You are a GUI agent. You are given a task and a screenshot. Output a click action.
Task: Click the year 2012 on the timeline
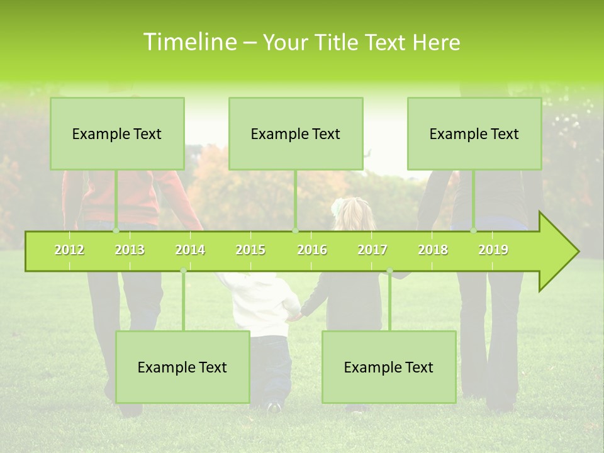(x=69, y=250)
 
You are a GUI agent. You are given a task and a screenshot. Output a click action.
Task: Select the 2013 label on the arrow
(x=130, y=250)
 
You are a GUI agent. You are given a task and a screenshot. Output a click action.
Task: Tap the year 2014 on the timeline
(x=190, y=250)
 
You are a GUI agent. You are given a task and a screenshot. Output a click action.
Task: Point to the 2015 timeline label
(x=250, y=250)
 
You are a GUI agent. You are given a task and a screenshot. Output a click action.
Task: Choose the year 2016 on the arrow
(x=312, y=250)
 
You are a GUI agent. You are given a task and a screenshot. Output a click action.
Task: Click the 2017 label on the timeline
(x=372, y=250)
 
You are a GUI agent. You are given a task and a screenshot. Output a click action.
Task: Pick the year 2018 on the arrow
(x=433, y=250)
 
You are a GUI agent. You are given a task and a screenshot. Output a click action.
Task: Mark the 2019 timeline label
(x=493, y=250)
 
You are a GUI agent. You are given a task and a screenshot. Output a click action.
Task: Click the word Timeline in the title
(x=188, y=42)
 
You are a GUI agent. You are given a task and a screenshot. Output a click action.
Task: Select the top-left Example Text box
(x=117, y=133)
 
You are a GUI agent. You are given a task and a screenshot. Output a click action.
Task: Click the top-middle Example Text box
(x=296, y=133)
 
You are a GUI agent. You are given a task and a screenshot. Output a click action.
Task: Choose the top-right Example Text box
(x=474, y=133)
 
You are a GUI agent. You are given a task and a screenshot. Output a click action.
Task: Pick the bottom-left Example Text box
(x=182, y=367)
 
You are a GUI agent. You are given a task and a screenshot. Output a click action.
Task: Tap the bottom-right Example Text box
(x=389, y=367)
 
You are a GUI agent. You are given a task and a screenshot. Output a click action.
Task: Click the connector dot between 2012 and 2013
(x=116, y=231)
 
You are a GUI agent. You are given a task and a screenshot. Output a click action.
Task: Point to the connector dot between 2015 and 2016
(x=295, y=231)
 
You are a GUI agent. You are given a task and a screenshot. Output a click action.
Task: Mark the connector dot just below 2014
(x=183, y=271)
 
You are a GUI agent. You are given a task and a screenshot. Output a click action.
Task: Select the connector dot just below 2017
(x=389, y=271)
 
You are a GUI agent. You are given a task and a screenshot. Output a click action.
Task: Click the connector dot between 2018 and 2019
(x=473, y=231)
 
